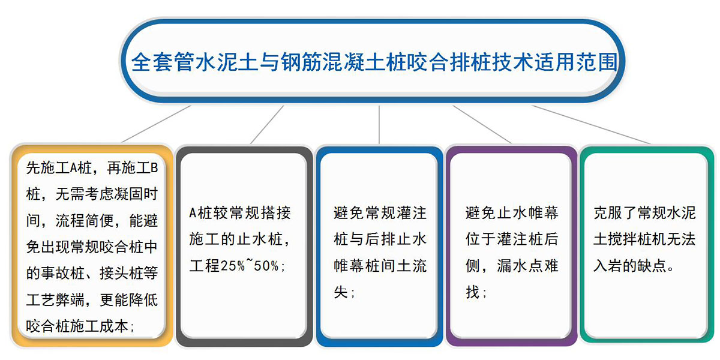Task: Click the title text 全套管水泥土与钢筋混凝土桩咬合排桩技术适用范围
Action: coord(374,62)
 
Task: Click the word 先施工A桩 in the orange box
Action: coord(59,168)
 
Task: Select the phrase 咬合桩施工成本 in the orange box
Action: coord(77,326)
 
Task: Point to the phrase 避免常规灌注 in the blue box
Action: coord(380,213)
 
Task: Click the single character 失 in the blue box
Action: coord(341,292)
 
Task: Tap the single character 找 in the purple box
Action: coord(473,292)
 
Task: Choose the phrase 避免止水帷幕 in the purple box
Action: coord(512,213)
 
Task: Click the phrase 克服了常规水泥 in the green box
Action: coord(644,213)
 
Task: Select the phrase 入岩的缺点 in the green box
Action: coord(629,266)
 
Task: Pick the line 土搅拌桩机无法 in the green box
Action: coord(644,239)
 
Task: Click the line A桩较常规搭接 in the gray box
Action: coord(240,213)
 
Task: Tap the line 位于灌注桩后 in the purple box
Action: coord(512,239)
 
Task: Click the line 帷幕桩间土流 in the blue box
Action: coord(380,266)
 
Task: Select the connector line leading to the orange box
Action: coord(157,124)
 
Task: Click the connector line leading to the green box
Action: coord(591,124)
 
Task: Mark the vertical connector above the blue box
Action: coord(379,124)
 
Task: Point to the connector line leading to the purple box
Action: coord(482,124)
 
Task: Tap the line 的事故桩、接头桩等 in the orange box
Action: coord(92,273)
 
